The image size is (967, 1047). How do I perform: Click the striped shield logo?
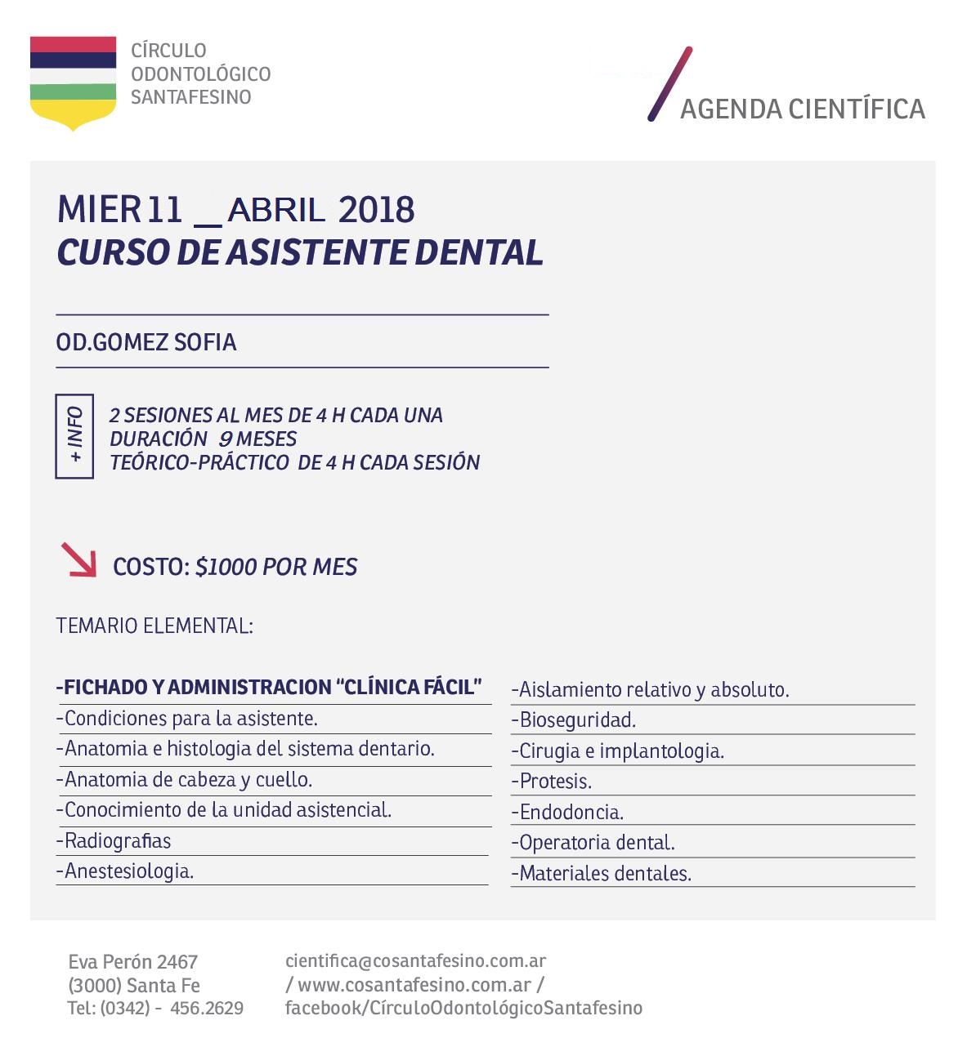tap(73, 82)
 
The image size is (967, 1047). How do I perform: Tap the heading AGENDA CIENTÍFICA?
tap(802, 109)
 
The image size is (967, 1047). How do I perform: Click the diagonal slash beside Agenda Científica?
tap(670, 84)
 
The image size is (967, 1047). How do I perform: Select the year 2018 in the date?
tap(376, 211)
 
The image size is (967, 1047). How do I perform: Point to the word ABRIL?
tap(275, 212)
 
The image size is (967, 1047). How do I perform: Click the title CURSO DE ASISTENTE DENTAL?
tap(300, 253)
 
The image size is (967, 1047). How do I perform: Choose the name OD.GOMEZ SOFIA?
tap(146, 342)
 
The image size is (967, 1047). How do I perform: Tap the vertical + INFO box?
tap(74, 436)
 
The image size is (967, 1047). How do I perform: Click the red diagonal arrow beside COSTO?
tap(78, 560)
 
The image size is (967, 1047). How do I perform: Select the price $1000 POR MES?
tap(276, 568)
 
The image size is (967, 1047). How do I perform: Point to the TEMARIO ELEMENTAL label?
tap(154, 626)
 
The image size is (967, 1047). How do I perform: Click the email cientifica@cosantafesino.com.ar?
tap(415, 961)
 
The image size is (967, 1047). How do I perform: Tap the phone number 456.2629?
tap(207, 1009)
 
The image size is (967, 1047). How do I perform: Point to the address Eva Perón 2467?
tap(133, 962)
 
